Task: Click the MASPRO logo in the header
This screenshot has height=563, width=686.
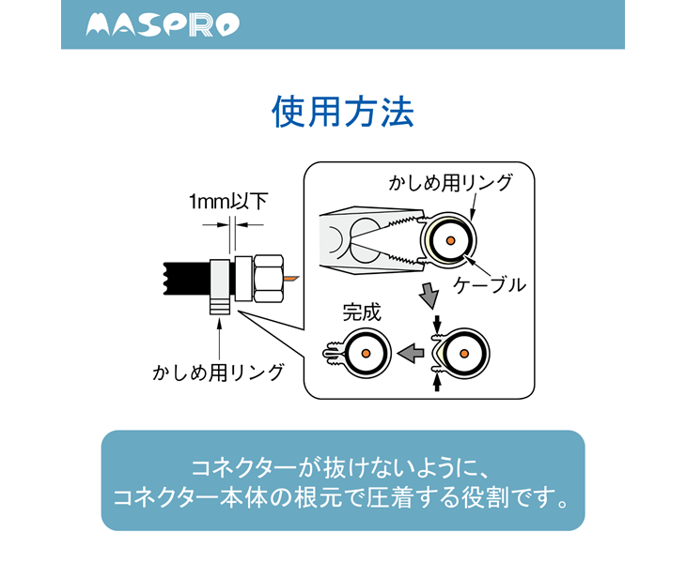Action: click(163, 25)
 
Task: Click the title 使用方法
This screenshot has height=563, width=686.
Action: click(342, 113)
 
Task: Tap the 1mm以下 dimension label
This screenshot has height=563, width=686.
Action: click(227, 201)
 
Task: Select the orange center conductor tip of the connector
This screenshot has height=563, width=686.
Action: click(292, 279)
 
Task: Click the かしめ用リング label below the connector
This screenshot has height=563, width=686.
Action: click(218, 373)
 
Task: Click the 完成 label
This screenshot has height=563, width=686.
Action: click(361, 312)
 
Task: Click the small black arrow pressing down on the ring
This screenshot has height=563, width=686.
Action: click(436, 324)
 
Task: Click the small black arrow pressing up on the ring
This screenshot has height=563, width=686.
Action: click(436, 382)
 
